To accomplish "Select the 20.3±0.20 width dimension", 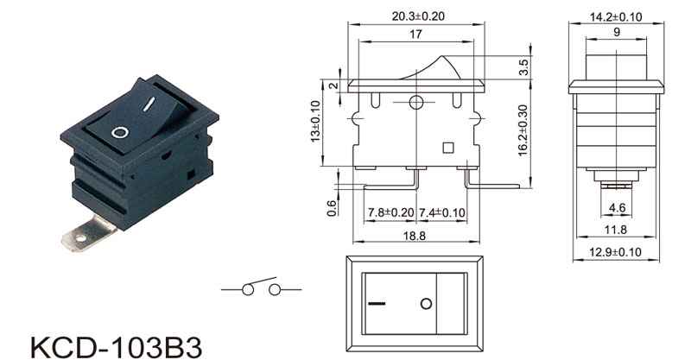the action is (x=418, y=16).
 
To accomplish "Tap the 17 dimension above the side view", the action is (x=415, y=34).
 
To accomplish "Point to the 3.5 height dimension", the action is (x=523, y=67).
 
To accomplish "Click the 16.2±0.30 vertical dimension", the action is (x=523, y=130).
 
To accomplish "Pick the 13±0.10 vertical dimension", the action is (x=315, y=122).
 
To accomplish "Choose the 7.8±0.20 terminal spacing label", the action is (x=391, y=212).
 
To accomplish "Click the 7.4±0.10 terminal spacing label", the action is (x=441, y=212).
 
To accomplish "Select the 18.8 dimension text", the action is (x=415, y=236).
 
